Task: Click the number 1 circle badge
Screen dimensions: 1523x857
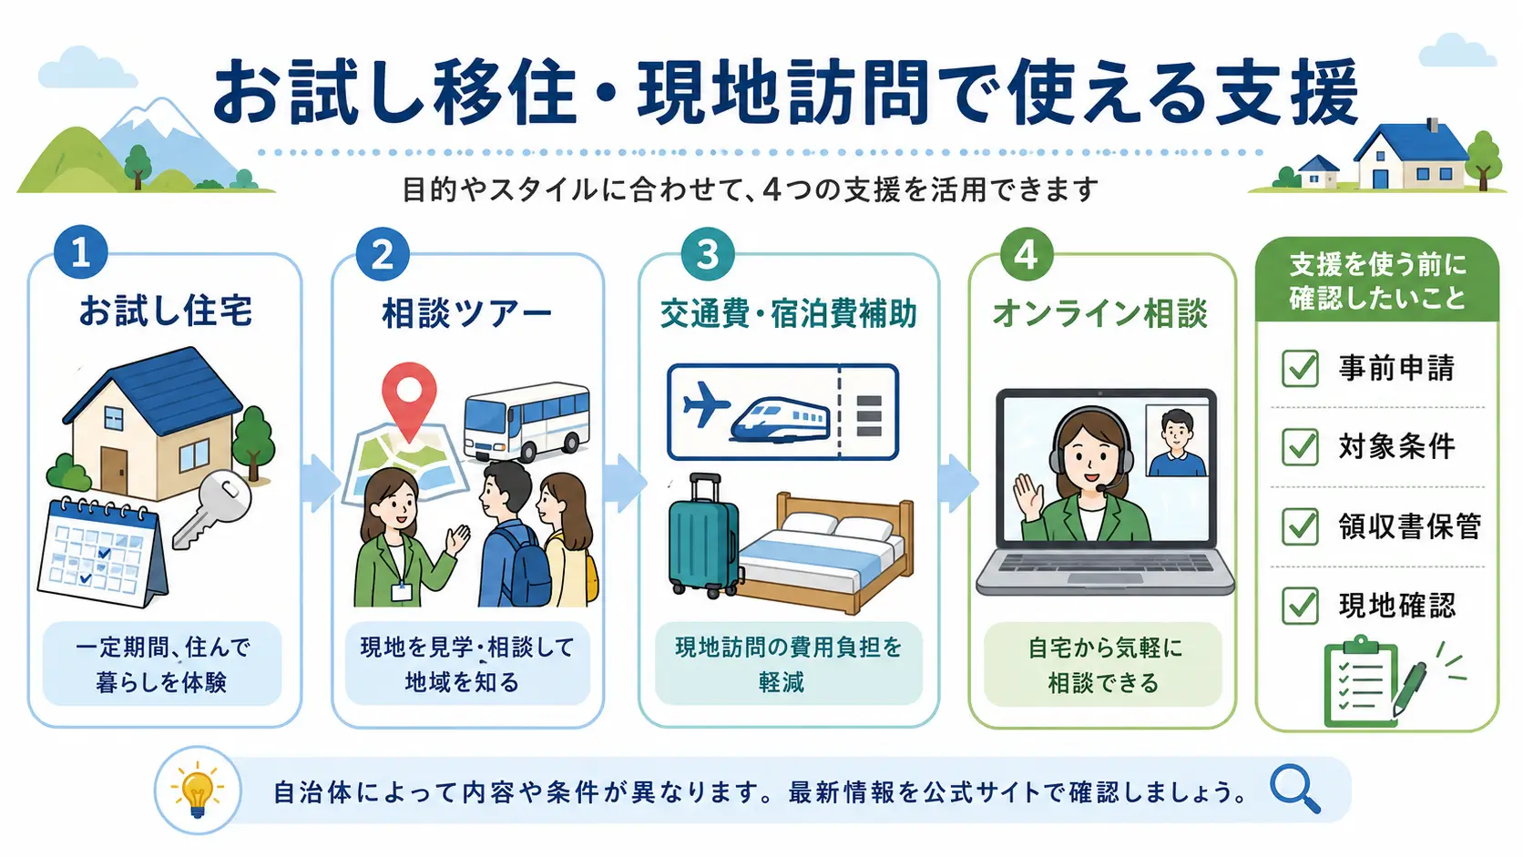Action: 81,252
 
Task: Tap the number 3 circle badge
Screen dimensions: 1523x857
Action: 708,254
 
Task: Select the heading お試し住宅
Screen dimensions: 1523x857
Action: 165,311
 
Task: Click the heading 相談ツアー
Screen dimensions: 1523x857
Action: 466,313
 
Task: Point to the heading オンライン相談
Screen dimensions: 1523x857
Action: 1100,313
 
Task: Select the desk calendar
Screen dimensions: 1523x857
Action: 102,551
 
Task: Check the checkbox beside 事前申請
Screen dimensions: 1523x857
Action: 1300,368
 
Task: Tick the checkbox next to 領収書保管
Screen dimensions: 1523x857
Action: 1300,526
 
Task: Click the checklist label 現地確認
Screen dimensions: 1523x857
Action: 1396,605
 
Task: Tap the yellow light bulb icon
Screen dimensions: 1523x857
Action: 198,791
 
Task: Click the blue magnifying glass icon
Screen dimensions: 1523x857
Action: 1295,789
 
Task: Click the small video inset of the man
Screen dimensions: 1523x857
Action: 1176,441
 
